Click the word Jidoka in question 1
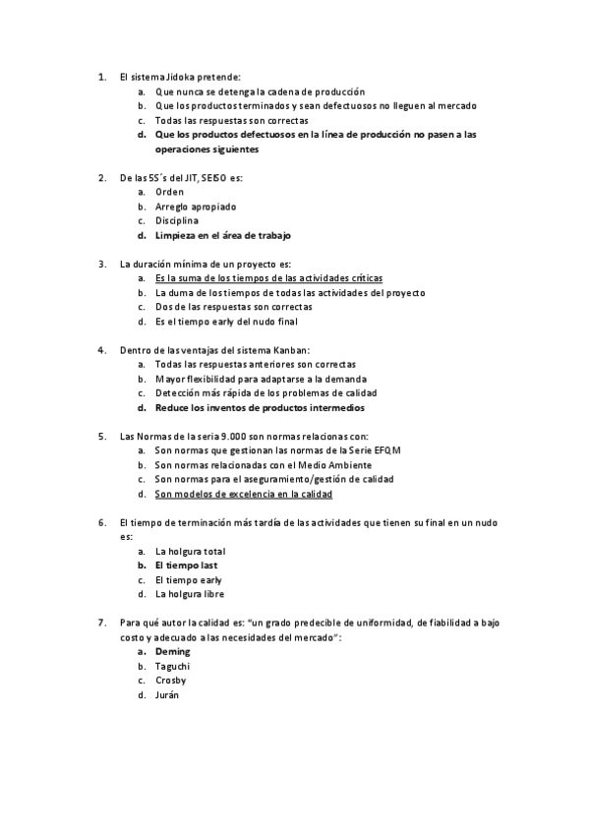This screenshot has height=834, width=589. [181, 76]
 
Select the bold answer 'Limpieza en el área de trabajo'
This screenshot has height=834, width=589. [222, 235]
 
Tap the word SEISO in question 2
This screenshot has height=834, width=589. [207, 178]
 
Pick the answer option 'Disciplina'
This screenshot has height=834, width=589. [177, 221]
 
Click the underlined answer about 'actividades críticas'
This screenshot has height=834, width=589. [268, 278]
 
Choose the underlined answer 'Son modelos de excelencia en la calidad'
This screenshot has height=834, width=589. [243, 494]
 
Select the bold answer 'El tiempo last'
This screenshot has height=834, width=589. [186, 566]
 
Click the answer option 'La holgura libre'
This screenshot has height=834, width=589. [190, 594]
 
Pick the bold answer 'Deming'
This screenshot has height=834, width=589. [172, 651]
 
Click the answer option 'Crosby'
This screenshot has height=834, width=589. [170, 680]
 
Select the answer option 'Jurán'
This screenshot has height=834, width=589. [167, 694]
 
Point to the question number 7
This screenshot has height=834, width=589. [102, 623]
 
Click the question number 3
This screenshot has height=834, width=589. [102, 264]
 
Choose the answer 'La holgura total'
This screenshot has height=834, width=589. [190, 551]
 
